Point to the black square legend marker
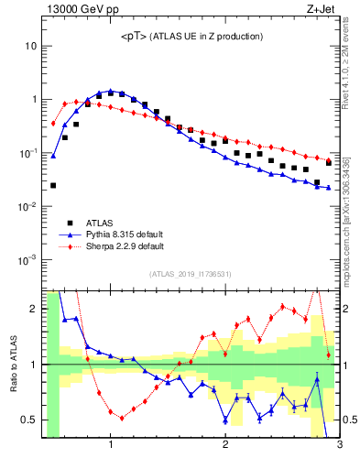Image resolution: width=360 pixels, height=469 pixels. click(x=70, y=222)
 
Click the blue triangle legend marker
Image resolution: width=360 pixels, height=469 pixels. click(x=70, y=234)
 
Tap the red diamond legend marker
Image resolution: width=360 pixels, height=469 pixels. click(x=70, y=245)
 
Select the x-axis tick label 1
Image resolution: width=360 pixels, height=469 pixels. click(x=111, y=446)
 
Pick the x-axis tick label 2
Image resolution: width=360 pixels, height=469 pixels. click(x=225, y=446)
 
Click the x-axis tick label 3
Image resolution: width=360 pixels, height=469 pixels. click(x=339, y=446)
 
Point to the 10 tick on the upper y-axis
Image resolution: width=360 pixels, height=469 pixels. click(x=31, y=46)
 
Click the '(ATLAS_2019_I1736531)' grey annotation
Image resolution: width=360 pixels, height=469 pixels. click(x=191, y=274)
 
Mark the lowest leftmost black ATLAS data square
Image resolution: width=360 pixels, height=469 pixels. click(x=53, y=185)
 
